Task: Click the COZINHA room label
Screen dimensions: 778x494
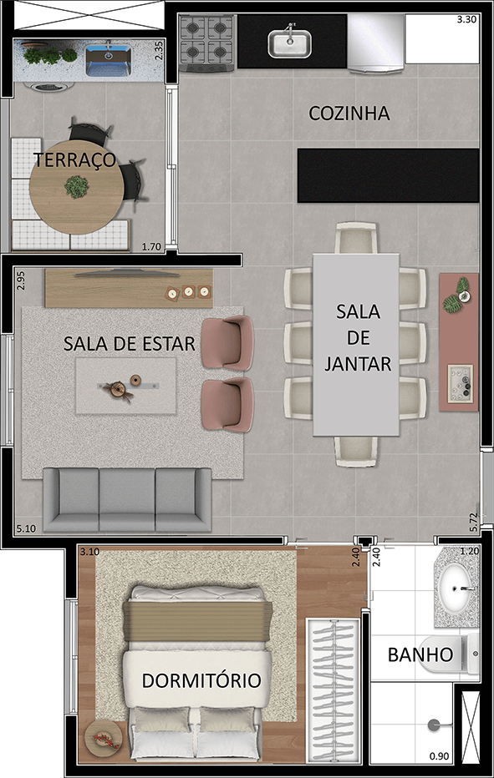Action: coord(349,114)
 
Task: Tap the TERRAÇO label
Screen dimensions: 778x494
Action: coord(74,161)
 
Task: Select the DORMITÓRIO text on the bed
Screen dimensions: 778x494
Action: coord(201,680)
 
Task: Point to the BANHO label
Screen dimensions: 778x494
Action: coord(420,654)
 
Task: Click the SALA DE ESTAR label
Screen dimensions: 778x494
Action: coord(130,343)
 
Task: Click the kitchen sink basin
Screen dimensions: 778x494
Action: coord(289,43)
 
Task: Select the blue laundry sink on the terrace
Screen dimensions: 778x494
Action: coord(107,59)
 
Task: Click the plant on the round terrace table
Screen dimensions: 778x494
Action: coord(76,186)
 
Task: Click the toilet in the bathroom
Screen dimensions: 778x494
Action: coord(456,654)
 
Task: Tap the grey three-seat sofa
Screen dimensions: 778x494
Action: coord(127,498)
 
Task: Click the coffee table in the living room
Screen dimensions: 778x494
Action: coord(125,386)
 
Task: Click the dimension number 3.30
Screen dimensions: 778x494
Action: coord(467,19)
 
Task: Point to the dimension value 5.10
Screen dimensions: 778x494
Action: coord(26,529)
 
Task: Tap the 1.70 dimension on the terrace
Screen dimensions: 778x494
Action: coord(151,246)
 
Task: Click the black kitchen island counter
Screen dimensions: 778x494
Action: coord(388,175)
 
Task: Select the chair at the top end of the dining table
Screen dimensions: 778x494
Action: coord(357,238)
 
